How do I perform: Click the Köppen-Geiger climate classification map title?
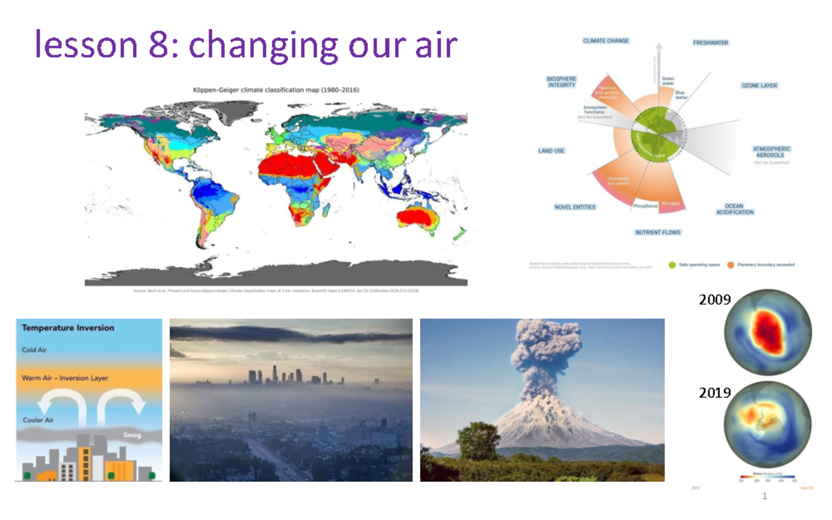point(276,89)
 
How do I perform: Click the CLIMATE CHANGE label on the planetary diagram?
point(605,41)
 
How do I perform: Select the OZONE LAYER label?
point(759,86)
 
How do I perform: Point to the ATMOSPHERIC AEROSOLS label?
point(771,153)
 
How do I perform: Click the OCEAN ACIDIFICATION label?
point(734,209)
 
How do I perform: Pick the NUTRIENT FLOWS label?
point(657,232)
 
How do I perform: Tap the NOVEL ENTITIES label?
point(574,207)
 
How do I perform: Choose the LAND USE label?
point(551,150)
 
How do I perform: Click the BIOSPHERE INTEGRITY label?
point(561,82)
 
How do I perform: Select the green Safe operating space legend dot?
point(672,264)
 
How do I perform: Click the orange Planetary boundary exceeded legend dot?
point(730,264)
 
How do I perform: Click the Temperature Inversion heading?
point(67,328)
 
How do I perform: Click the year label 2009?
point(714,300)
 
